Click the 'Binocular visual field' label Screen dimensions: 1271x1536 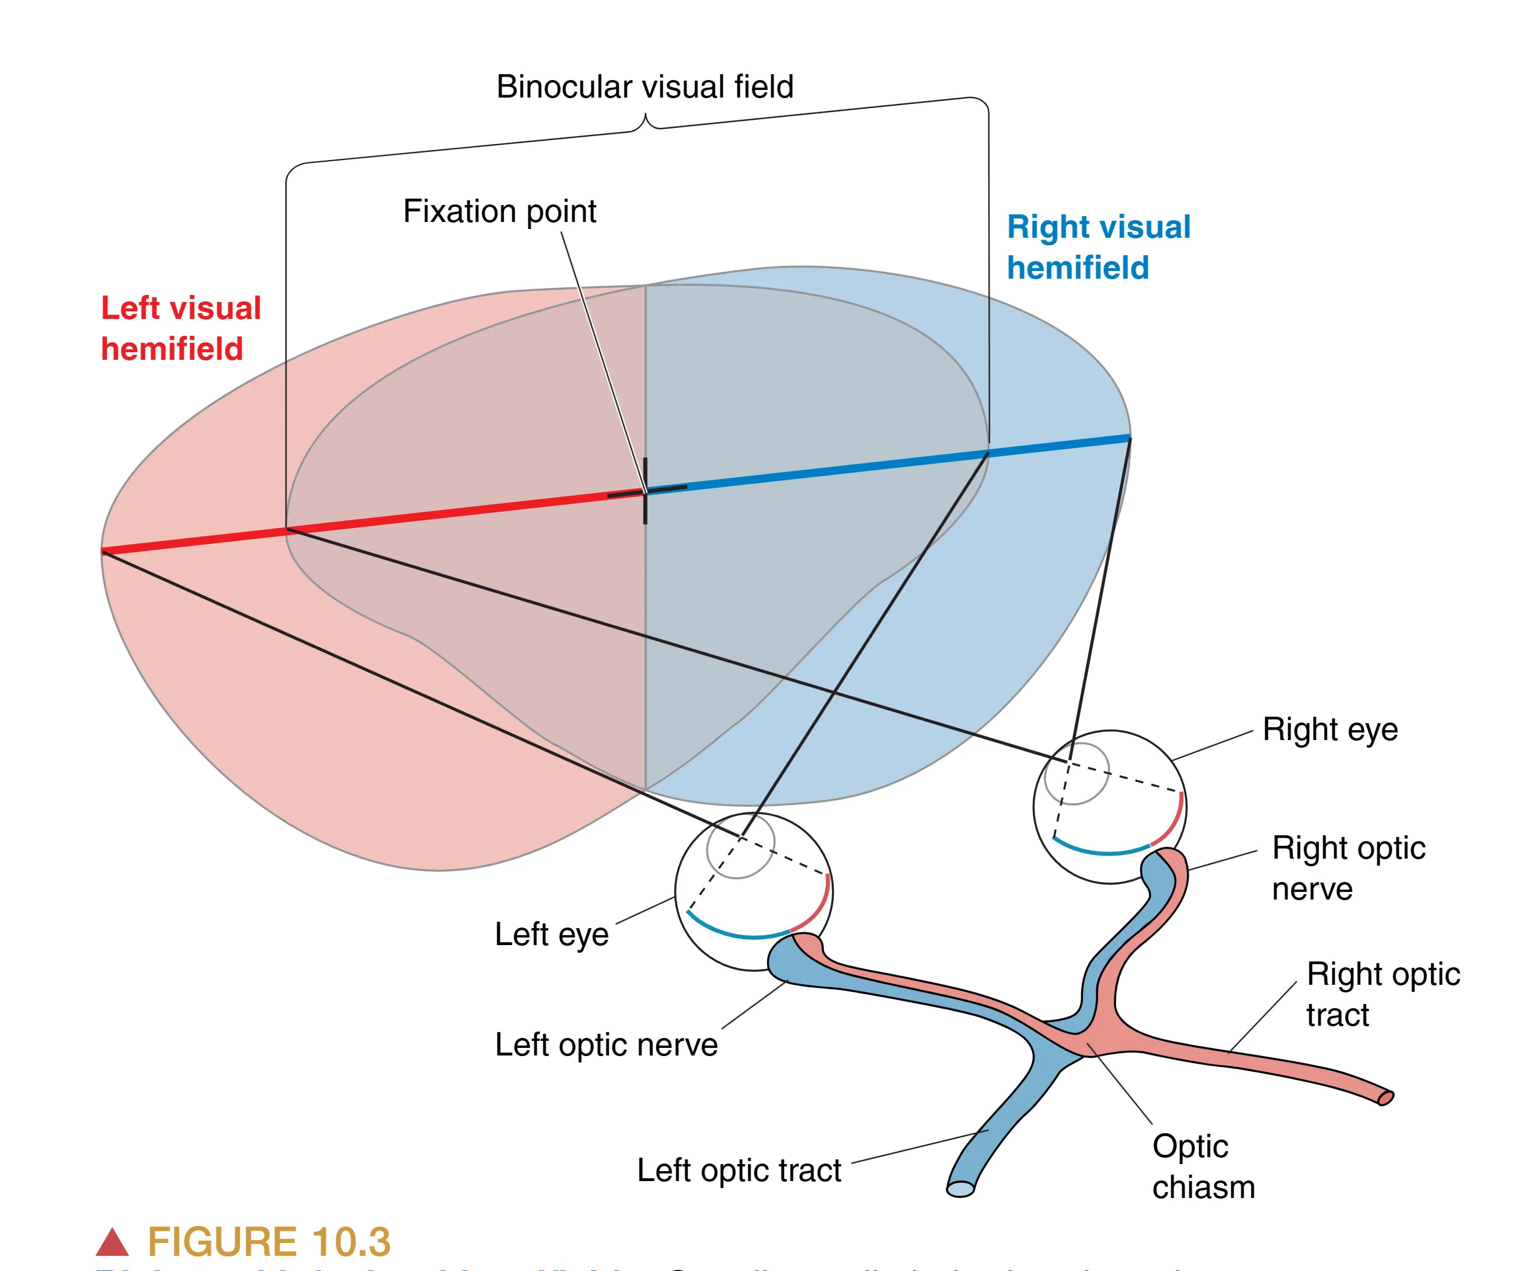click(x=645, y=87)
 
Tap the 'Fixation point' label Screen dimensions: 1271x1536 click(x=500, y=211)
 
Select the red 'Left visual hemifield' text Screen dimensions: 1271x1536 click(x=180, y=328)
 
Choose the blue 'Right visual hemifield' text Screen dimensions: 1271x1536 click(x=1098, y=247)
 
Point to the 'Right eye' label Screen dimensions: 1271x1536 click(x=1330, y=730)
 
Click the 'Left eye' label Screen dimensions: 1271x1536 click(x=552, y=935)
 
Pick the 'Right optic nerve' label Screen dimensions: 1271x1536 click(x=1348, y=868)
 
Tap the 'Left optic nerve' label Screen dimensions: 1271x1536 click(x=605, y=1045)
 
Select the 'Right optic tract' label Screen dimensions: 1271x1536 click(x=1382, y=994)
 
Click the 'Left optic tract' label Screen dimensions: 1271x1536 click(x=739, y=1170)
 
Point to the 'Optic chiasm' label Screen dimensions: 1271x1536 click(x=1203, y=1166)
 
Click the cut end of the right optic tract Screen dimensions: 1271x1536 click(x=1385, y=1098)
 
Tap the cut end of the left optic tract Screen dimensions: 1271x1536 click(x=960, y=1190)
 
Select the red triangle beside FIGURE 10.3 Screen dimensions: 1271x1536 click(x=112, y=1242)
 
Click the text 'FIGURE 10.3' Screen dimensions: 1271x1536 click(x=269, y=1242)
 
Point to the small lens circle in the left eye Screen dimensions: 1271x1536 click(x=740, y=846)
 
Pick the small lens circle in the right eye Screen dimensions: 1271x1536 click(x=1077, y=773)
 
